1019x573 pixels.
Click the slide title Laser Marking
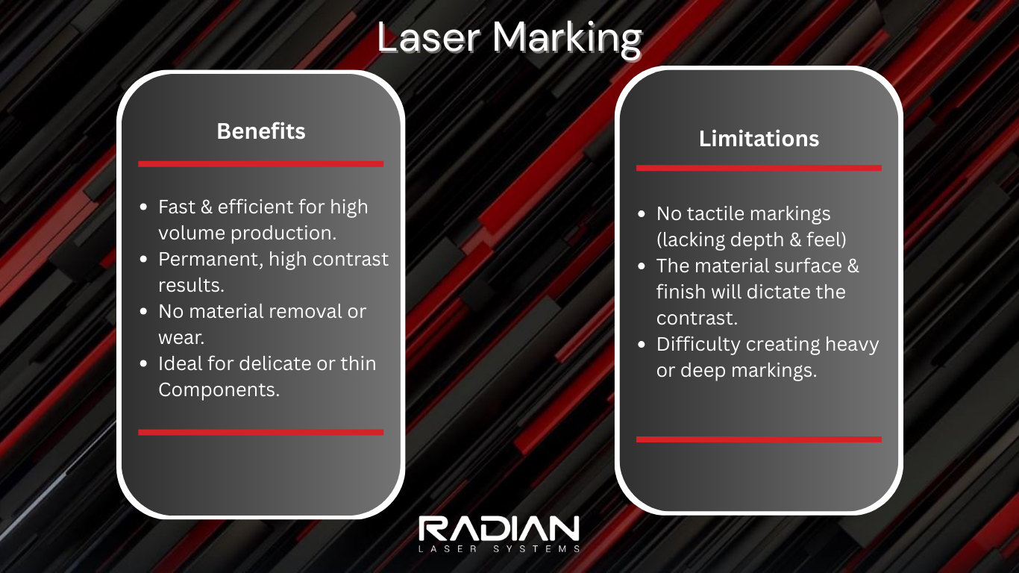(x=509, y=37)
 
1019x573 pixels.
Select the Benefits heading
(x=261, y=131)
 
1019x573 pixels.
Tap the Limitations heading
(x=759, y=139)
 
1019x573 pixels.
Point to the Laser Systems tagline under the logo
(x=498, y=549)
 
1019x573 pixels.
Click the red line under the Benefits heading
(x=260, y=163)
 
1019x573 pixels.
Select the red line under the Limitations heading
(x=759, y=168)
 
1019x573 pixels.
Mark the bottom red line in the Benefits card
(x=260, y=432)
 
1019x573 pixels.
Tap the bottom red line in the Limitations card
(x=759, y=439)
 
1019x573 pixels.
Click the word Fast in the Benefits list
(x=175, y=207)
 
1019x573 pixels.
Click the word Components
(x=219, y=389)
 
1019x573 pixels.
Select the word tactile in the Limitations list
(x=715, y=214)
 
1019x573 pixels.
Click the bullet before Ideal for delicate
(x=144, y=364)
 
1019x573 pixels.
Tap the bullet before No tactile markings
(x=642, y=214)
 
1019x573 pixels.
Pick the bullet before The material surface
(x=642, y=266)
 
